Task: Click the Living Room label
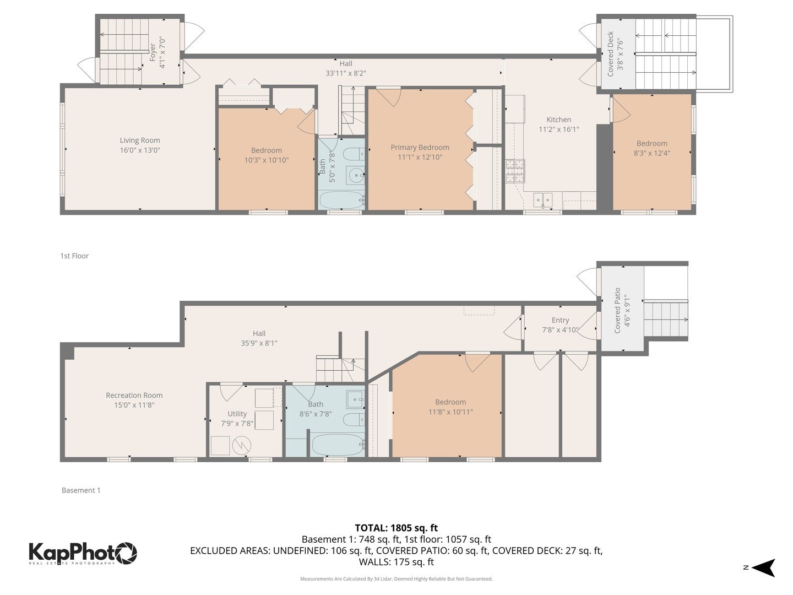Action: pos(140,140)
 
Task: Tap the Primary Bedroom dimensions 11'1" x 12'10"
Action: pos(420,158)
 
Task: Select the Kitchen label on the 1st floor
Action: pos(558,120)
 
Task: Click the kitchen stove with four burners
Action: pos(515,171)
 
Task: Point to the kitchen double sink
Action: pos(542,199)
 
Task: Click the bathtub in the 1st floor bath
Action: pos(341,200)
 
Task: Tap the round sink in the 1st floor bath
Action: pos(355,176)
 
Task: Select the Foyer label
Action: pos(153,52)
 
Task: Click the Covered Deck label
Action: pos(611,54)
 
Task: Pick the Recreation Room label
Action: pos(134,395)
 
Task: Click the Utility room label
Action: pos(237,414)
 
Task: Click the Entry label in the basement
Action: pos(560,320)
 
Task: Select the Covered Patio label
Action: pos(617,310)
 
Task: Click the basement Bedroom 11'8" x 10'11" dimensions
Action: pos(450,412)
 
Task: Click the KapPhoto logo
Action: pos(83,553)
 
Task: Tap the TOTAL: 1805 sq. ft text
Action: pos(396,528)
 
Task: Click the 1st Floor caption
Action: pos(74,256)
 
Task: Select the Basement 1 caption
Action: pos(81,490)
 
